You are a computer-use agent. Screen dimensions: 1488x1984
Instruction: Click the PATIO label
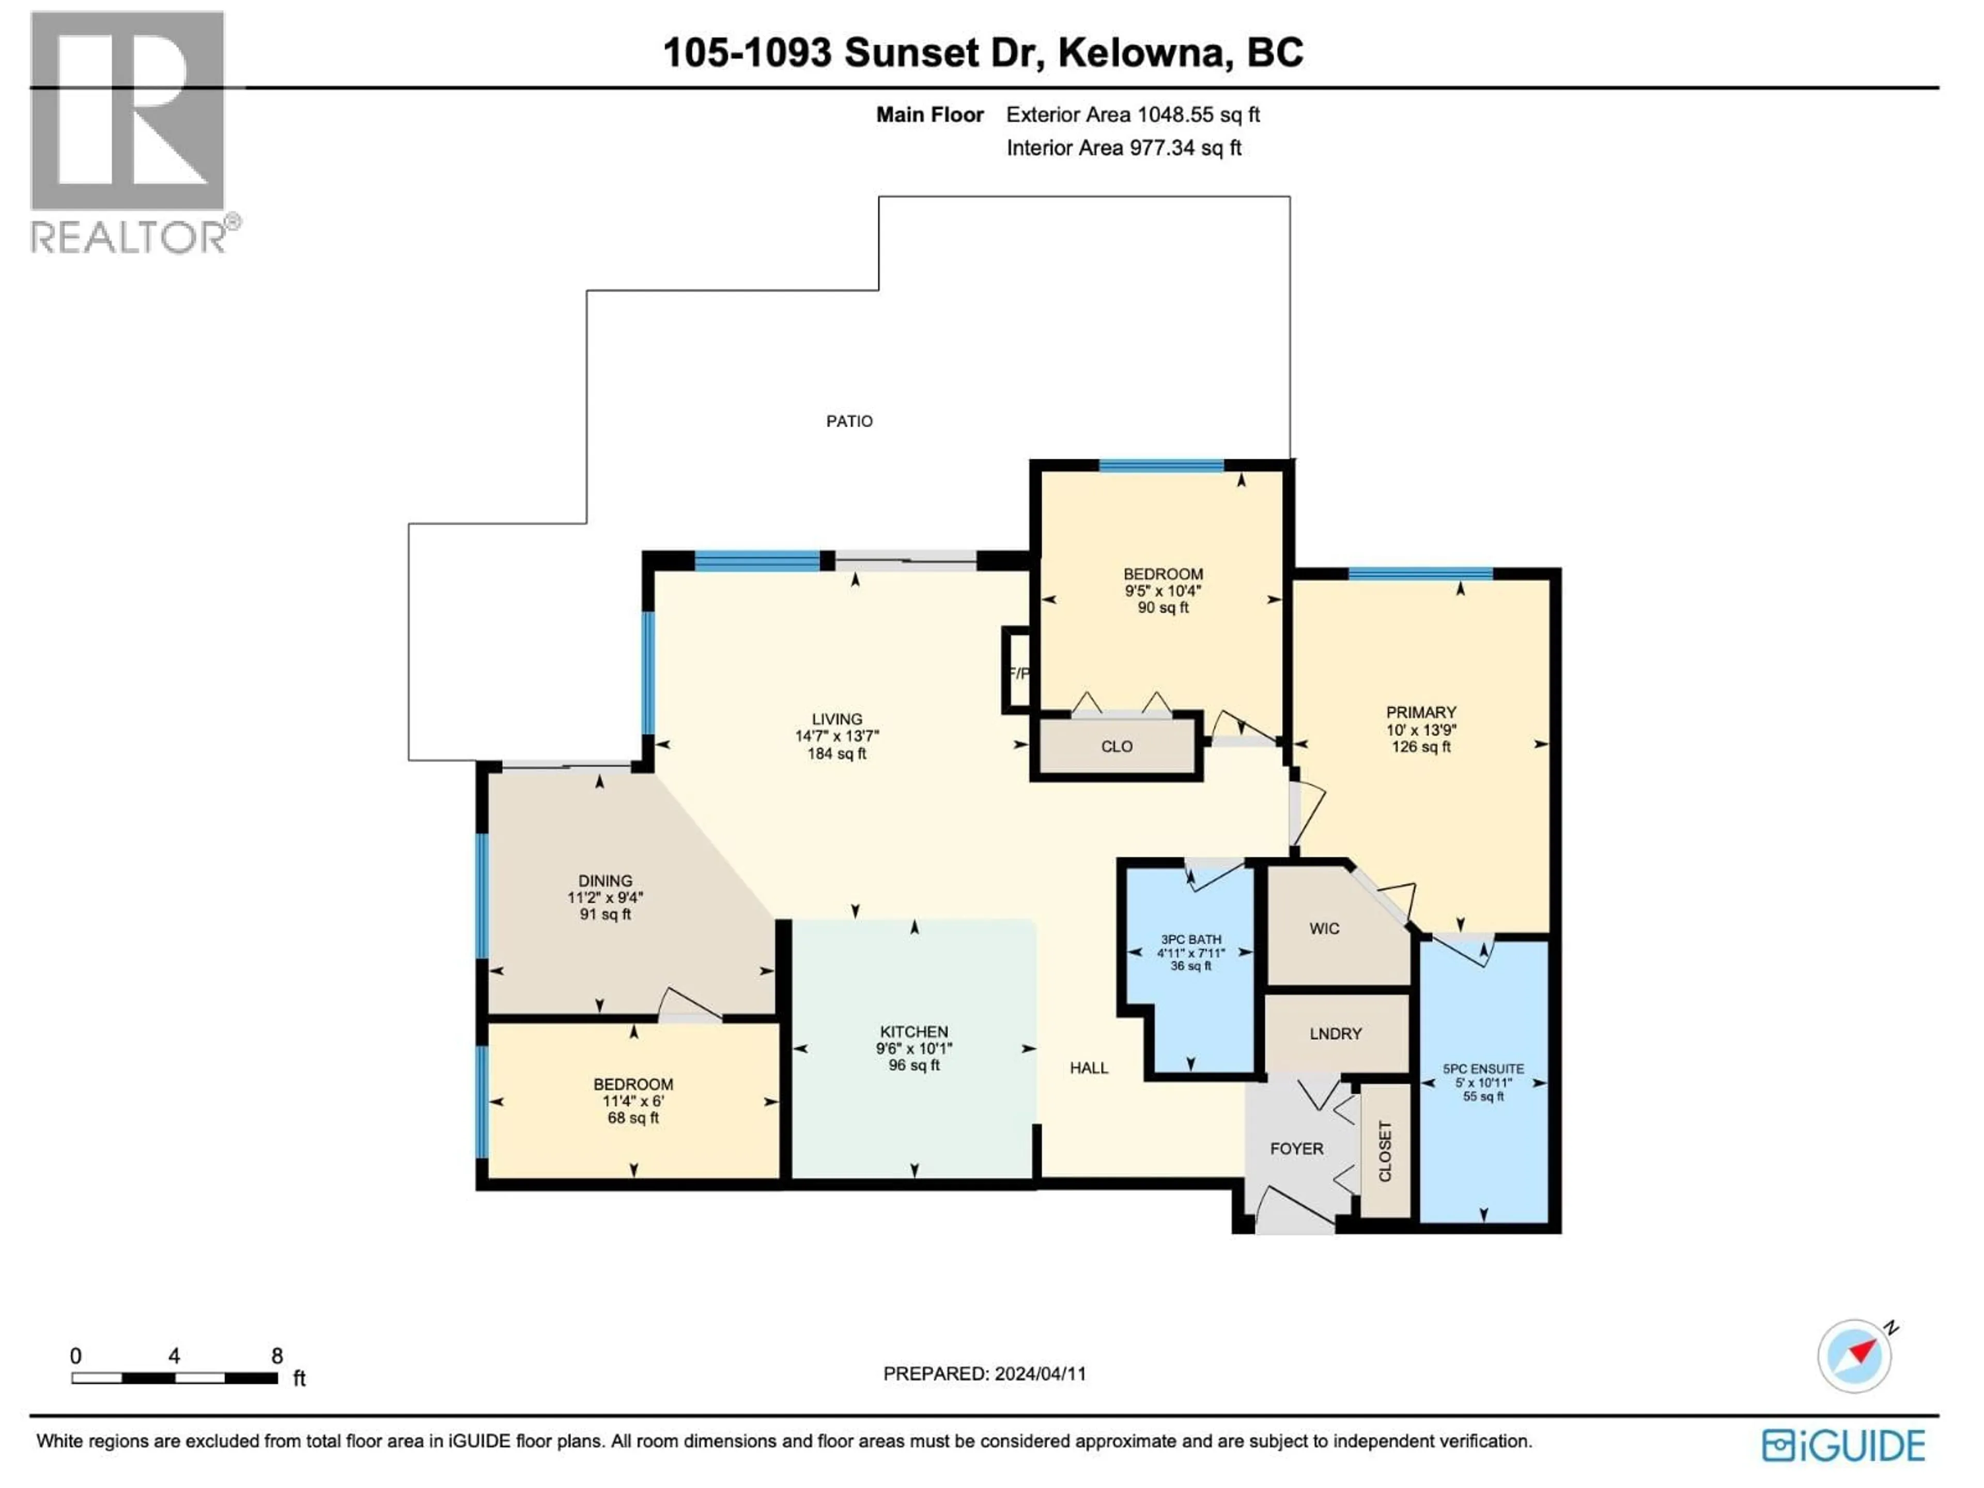848,421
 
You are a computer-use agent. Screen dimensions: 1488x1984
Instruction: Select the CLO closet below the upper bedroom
1117,746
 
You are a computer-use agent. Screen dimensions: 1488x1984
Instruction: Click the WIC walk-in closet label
1324,928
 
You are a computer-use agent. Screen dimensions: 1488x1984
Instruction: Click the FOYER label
1296,1148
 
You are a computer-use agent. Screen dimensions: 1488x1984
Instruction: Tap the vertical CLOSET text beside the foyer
1385,1151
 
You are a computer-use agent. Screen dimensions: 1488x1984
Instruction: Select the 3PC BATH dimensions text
1190,953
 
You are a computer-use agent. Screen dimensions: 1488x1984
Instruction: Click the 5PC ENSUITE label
1483,1068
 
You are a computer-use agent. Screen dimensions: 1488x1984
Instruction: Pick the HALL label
1088,1067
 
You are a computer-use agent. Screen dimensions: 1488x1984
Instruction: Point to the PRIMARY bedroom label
1421,711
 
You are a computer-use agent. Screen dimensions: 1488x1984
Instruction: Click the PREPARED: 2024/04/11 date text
984,1373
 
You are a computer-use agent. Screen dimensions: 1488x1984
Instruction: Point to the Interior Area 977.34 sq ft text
1123,148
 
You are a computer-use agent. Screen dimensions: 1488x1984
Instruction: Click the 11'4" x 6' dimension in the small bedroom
632,1102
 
